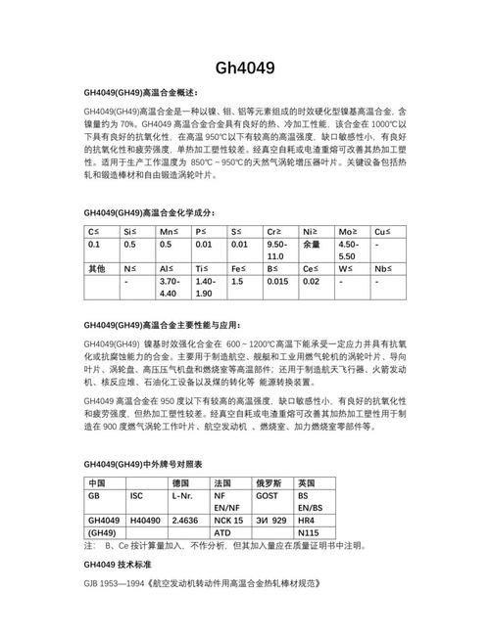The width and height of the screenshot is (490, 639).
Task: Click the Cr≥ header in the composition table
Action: tap(275, 229)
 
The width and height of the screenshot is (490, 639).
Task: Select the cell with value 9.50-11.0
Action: tap(278, 249)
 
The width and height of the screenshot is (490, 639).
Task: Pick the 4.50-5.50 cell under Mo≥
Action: tap(350, 249)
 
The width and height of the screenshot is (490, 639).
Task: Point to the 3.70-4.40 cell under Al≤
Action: tap(170, 287)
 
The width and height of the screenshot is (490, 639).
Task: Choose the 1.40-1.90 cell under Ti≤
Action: tap(206, 287)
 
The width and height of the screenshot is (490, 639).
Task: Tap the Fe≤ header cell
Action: tap(239, 267)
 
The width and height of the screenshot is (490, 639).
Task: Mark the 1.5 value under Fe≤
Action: tap(236, 281)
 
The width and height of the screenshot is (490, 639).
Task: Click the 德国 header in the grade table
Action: tap(180, 483)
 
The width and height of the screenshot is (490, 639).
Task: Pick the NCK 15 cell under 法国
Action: tap(227, 520)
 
